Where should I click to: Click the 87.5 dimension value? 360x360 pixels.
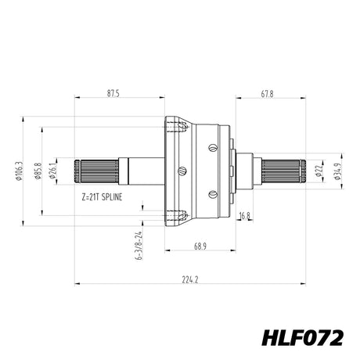(x=113, y=94)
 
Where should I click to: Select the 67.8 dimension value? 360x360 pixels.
(x=267, y=94)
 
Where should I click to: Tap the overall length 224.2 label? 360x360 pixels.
(x=190, y=280)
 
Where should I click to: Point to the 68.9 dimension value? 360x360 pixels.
(x=200, y=247)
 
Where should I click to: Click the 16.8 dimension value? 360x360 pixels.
(x=244, y=216)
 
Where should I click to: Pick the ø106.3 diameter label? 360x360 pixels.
(x=20, y=171)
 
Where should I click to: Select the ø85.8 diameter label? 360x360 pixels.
(x=38, y=171)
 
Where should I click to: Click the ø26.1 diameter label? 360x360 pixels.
(x=52, y=171)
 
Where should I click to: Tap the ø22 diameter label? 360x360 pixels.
(x=319, y=171)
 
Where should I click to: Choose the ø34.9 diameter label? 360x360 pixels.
(x=337, y=171)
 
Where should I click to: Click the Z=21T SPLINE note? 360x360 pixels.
(x=102, y=197)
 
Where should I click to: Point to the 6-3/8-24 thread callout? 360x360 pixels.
(x=139, y=246)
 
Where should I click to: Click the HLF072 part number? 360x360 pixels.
(x=302, y=338)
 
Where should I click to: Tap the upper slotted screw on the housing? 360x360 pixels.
(x=213, y=148)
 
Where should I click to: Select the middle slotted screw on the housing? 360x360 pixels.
(x=182, y=171)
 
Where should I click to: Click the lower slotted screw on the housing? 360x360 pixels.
(x=213, y=194)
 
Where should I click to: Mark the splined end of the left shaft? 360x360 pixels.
(x=96, y=171)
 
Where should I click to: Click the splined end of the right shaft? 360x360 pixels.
(x=284, y=171)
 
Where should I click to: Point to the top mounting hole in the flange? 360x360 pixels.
(x=183, y=127)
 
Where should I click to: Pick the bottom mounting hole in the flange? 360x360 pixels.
(x=183, y=216)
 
